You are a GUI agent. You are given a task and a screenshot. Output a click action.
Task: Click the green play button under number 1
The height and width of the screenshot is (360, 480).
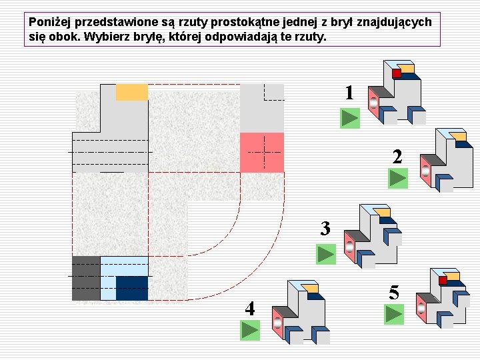(349, 119)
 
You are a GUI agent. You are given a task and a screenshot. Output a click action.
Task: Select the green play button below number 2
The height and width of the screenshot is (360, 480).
(398, 179)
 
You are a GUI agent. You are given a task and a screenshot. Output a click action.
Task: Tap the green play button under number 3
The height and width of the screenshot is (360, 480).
(326, 254)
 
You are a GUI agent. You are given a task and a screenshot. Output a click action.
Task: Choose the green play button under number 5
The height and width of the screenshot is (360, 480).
(394, 314)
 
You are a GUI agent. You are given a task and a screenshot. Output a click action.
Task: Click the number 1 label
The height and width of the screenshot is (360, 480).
(349, 93)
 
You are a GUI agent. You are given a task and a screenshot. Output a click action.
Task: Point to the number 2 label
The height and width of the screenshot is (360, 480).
(397, 157)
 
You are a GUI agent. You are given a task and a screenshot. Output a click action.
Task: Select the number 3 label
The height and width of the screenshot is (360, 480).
(325, 229)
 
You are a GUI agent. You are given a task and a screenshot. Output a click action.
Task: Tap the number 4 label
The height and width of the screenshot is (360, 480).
(249, 308)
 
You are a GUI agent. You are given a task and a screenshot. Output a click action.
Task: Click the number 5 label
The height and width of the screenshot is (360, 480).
(394, 292)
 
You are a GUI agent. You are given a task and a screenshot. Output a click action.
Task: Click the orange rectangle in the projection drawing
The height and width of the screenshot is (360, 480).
(132, 92)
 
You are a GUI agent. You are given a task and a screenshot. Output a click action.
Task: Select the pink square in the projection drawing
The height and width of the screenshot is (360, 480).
(261, 152)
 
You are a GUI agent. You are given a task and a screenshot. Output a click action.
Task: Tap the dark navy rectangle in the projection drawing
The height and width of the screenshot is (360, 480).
(132, 288)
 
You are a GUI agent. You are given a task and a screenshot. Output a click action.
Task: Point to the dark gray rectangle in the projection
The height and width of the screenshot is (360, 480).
(86, 278)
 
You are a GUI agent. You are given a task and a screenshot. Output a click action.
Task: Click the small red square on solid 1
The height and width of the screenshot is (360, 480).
(397, 73)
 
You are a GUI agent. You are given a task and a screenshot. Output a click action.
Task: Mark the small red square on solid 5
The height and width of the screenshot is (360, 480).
(443, 281)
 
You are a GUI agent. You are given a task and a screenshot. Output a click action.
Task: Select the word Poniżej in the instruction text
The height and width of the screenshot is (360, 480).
(49, 22)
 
